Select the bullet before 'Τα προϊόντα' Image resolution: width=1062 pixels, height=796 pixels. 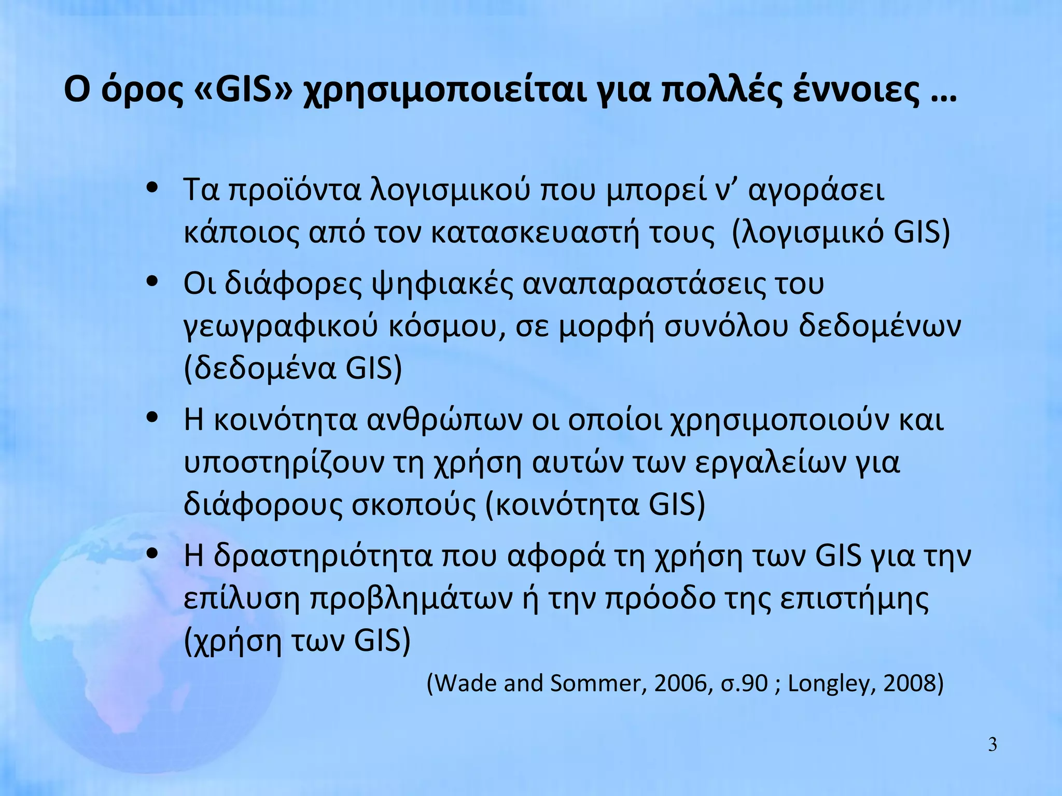(x=152, y=187)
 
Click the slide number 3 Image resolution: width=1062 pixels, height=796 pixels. (x=992, y=745)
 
